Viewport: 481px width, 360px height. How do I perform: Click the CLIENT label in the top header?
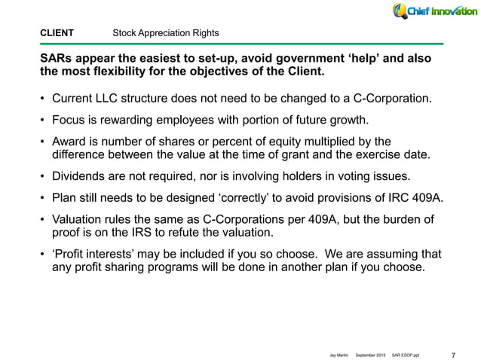57,33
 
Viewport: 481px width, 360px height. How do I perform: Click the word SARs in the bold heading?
56,59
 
